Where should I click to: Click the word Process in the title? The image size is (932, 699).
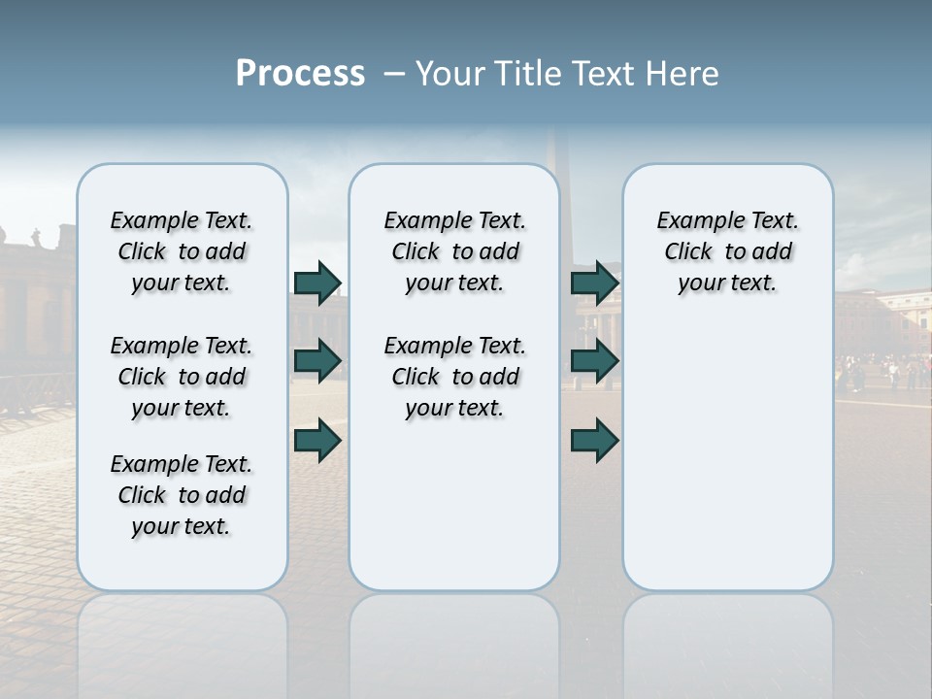(300, 73)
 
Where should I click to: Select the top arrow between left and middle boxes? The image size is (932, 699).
(317, 283)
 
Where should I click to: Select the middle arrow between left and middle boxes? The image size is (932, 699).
(317, 362)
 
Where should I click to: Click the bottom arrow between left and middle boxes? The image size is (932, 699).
(317, 441)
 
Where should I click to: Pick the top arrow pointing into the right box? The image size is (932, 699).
(595, 283)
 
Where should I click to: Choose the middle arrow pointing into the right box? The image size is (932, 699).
(595, 362)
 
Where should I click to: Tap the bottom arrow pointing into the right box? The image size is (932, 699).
(595, 441)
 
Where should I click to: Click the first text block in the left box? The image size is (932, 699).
(182, 251)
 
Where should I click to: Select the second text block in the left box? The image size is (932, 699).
(182, 377)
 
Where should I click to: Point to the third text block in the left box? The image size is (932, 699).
(182, 495)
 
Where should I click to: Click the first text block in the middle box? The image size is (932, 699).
(454, 251)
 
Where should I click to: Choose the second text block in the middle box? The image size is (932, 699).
(454, 377)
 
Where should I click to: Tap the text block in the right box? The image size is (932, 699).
(727, 251)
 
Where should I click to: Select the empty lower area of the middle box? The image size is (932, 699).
(454, 505)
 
